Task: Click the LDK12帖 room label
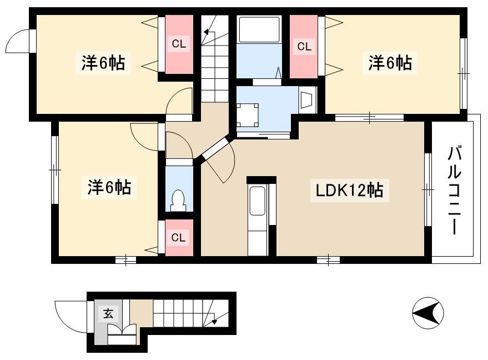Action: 349,190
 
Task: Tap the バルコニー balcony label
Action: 454,191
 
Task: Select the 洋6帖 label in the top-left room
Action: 103,63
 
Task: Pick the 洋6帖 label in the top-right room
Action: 390,63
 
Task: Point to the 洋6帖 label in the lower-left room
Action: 109,187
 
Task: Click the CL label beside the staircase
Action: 179,44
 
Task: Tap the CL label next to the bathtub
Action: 304,47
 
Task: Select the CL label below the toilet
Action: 178,238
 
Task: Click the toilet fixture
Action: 178,200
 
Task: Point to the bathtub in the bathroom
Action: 259,29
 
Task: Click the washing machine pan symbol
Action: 248,115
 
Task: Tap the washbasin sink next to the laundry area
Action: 308,100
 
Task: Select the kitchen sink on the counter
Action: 258,201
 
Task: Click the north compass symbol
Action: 428,313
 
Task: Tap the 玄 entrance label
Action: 108,313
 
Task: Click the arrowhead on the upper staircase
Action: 207,31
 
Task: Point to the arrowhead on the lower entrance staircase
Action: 214,322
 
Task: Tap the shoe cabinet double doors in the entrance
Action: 122,330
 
